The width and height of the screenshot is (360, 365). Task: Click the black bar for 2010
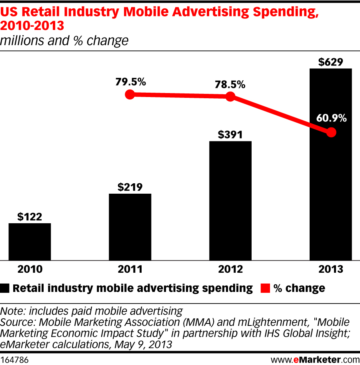click(30, 242)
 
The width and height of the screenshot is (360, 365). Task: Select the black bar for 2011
click(130, 227)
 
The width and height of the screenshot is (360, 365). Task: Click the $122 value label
click(30, 216)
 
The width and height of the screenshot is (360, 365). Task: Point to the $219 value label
click(130, 187)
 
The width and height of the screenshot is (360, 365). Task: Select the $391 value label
click(230, 134)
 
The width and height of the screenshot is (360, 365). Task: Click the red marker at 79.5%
click(129, 95)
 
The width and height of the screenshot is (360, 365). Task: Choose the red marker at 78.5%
click(230, 96)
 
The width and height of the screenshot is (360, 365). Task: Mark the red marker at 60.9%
click(331, 132)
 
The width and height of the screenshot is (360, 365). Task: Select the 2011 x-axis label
click(130, 270)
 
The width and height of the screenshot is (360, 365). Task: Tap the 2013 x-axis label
click(331, 270)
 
